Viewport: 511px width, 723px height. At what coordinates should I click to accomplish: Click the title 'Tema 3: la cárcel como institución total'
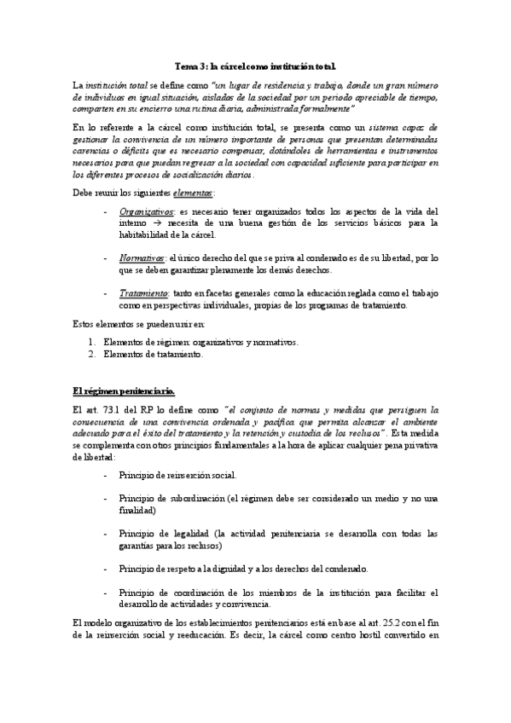[x=255, y=66]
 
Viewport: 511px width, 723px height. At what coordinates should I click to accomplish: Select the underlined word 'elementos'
[x=192, y=193]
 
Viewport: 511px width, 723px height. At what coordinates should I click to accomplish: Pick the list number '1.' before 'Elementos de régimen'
[x=93, y=342]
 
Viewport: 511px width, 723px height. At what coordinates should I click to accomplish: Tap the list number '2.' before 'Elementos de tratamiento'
[x=93, y=354]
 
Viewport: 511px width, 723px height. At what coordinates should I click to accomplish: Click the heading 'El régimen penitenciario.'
[x=124, y=391]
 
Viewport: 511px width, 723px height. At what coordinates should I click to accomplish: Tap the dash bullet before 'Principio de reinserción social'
[x=104, y=475]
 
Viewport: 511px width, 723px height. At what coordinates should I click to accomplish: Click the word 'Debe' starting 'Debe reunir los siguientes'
[x=83, y=193]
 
